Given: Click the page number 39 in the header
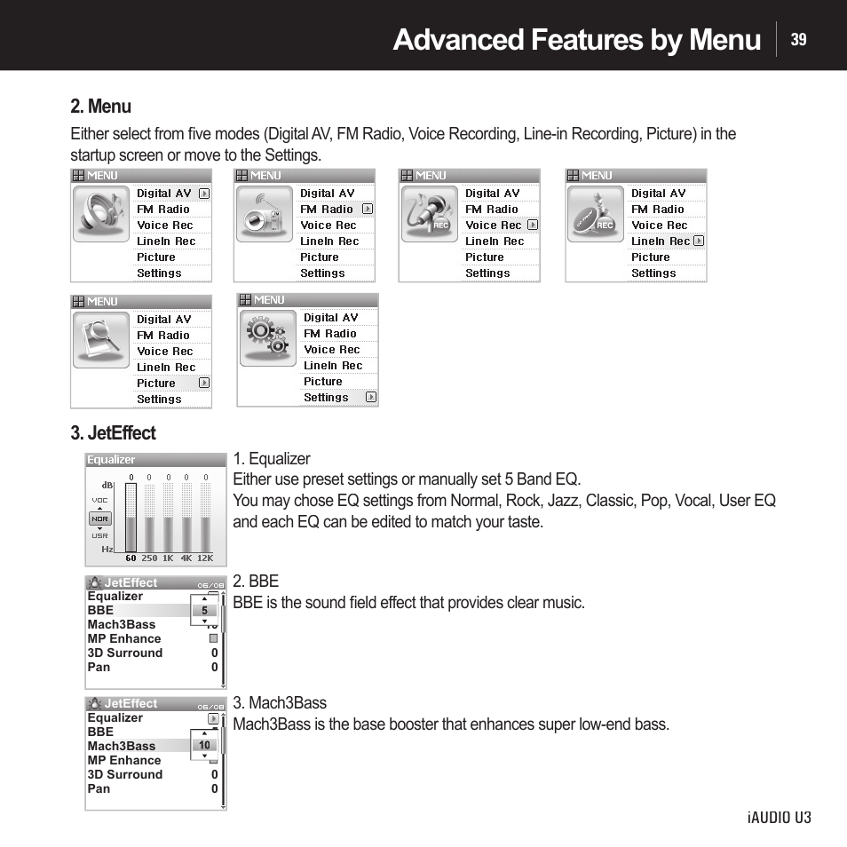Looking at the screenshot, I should tap(798, 39).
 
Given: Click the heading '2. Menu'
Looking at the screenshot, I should tap(100, 107).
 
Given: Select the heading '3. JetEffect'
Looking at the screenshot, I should tap(113, 433).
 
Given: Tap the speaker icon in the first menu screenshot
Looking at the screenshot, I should tap(99, 215).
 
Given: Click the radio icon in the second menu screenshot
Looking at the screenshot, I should tap(264, 215).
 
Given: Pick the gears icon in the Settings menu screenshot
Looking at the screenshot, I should tap(267, 339).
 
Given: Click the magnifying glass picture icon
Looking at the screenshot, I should tap(99, 341).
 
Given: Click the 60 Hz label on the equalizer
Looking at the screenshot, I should tap(131, 558).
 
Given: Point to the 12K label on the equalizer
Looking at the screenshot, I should tap(205, 558).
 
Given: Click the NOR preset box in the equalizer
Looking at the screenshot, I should tap(99, 518).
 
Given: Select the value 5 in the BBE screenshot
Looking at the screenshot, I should tap(204, 611).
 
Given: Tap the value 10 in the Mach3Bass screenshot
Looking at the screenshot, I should tap(204, 746).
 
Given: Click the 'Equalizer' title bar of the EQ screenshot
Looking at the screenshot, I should tap(155, 460).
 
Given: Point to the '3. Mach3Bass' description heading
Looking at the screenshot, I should tap(280, 703).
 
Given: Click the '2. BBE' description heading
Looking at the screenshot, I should tap(256, 582).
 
